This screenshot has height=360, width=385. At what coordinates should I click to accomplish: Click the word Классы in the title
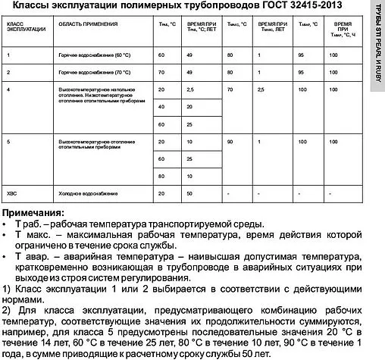click(36, 7)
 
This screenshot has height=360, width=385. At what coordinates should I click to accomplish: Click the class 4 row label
click(8, 90)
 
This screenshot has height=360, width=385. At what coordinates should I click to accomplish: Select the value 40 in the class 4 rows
click(161, 107)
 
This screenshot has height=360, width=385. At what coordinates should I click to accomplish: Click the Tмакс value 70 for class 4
click(230, 90)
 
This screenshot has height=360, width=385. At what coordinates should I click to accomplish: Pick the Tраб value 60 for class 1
click(161, 57)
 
